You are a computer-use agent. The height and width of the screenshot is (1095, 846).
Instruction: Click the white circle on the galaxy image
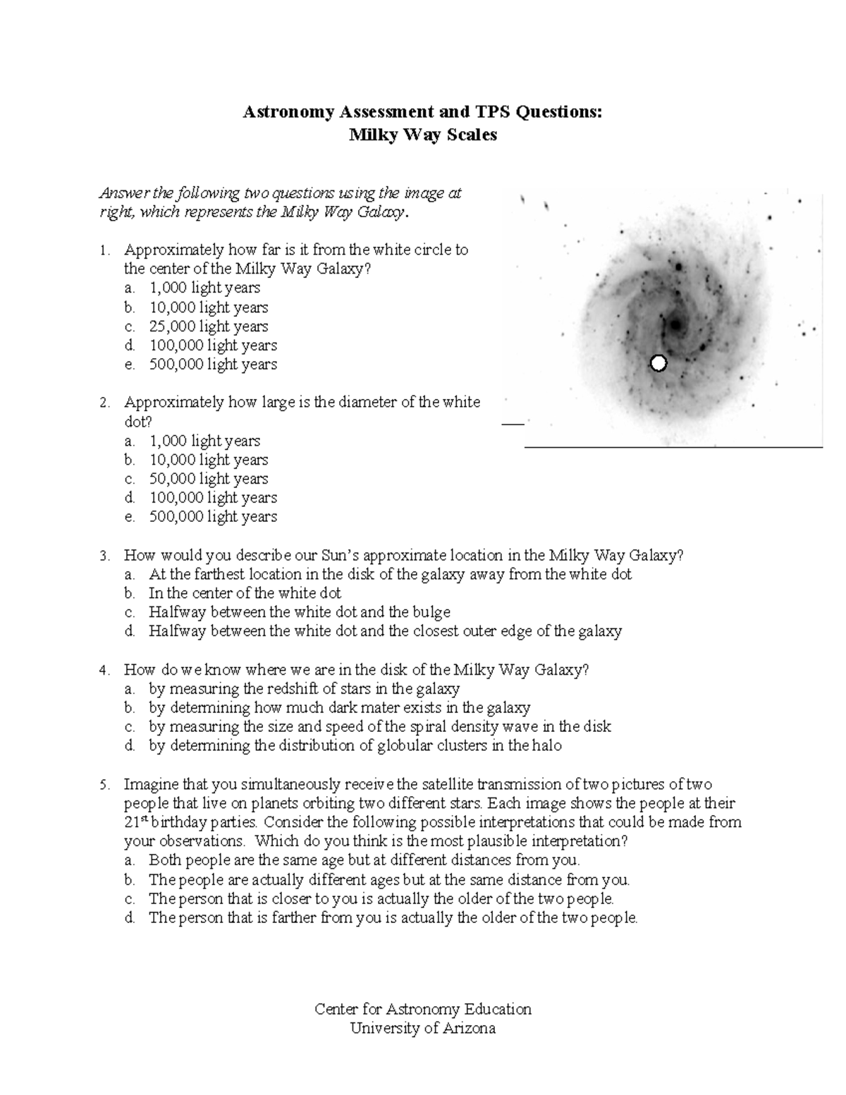[x=658, y=363]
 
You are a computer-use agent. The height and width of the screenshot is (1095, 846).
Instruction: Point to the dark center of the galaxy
[x=675, y=325]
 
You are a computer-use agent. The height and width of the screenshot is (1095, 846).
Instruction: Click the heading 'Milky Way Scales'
[x=423, y=135]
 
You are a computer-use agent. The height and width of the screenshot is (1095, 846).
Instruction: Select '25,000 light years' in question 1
[x=208, y=326]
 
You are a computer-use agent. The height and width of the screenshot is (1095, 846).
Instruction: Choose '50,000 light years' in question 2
[x=208, y=479]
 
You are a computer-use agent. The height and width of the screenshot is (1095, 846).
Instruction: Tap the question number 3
[x=104, y=556]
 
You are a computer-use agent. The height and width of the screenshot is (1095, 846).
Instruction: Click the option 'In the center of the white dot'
[x=245, y=593]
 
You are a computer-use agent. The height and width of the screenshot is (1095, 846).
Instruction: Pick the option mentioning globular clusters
[x=355, y=746]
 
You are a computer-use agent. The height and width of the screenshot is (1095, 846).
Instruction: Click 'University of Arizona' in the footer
[x=423, y=1028]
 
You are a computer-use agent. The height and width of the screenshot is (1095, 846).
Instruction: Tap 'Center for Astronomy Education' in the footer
[x=423, y=1009]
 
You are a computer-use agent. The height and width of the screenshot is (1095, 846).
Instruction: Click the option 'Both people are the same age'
[x=364, y=860]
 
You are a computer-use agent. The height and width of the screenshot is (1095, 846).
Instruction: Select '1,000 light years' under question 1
[x=204, y=288]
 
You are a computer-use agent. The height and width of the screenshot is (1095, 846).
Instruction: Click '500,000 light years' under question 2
[x=213, y=517]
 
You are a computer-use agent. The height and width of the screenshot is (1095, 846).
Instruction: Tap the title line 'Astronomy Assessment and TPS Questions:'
[x=423, y=112]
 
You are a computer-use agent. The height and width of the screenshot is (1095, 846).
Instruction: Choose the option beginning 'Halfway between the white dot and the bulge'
[x=299, y=612]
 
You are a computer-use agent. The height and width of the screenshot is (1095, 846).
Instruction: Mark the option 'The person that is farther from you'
[x=393, y=918]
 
